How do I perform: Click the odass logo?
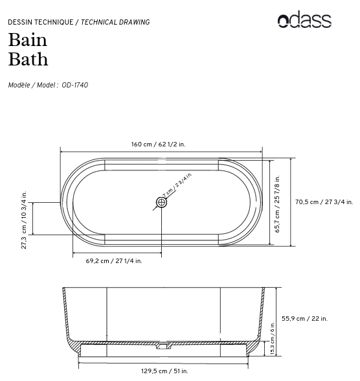coord(304,19)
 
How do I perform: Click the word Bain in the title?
coord(28,40)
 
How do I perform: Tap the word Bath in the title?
coord(28,59)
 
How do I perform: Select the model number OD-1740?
coord(74,85)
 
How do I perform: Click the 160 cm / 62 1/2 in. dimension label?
coord(158,144)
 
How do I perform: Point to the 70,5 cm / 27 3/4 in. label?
coord(324,202)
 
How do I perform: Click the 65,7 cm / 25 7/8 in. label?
coord(277,203)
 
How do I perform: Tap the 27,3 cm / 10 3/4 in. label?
coord(24,220)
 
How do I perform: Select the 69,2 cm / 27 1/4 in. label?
coord(114,261)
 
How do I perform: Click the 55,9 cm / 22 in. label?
coord(304,318)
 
